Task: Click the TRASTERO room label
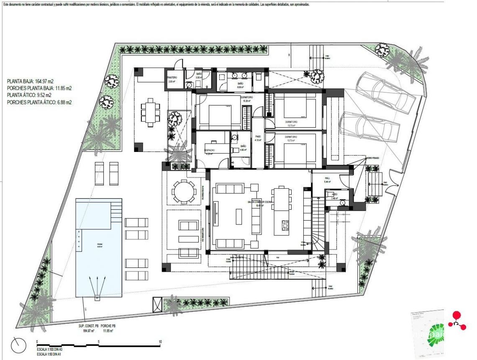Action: (173, 78)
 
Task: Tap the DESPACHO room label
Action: (210, 150)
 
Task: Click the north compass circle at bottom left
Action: (19, 345)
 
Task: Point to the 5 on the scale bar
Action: (98, 342)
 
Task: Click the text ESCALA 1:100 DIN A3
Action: (49, 349)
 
